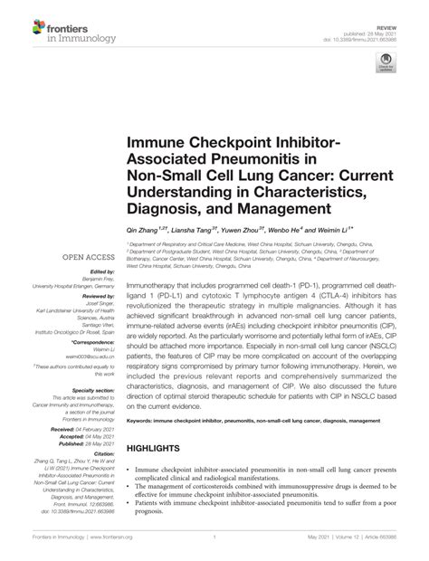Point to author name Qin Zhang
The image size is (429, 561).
coord(148,232)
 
